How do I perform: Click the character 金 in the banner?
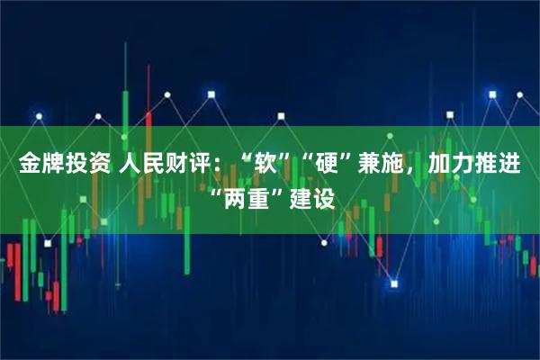[31, 166]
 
